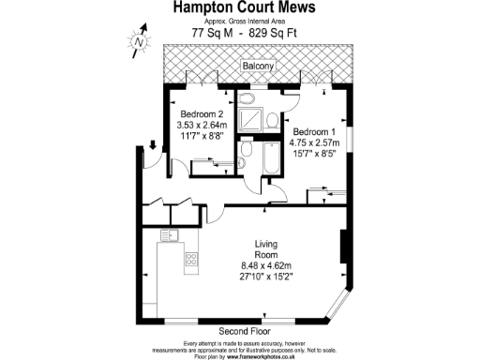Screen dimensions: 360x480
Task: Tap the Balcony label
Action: pyautogui.click(x=258, y=67)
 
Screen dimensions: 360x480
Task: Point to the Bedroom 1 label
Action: pyautogui.click(x=313, y=131)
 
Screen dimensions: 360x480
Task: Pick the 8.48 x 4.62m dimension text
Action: pyautogui.click(x=267, y=265)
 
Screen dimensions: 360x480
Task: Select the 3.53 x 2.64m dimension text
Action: pyautogui.click(x=202, y=125)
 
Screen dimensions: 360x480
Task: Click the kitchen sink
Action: pyautogui.click(x=170, y=234)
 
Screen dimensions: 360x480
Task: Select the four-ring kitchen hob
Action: pyautogui.click(x=191, y=260)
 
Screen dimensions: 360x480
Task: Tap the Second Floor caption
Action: pyautogui.click(x=246, y=332)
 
